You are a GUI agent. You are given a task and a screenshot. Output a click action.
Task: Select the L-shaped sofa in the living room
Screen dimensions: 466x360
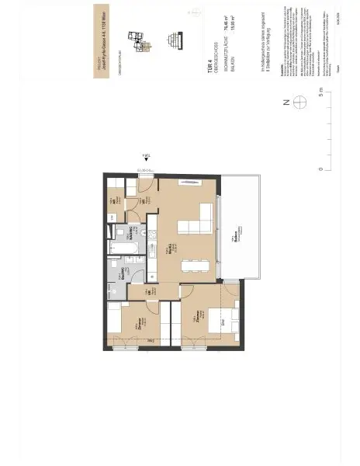tap(200, 221)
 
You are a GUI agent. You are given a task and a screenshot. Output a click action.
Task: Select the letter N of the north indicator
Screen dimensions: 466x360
tap(286, 102)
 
